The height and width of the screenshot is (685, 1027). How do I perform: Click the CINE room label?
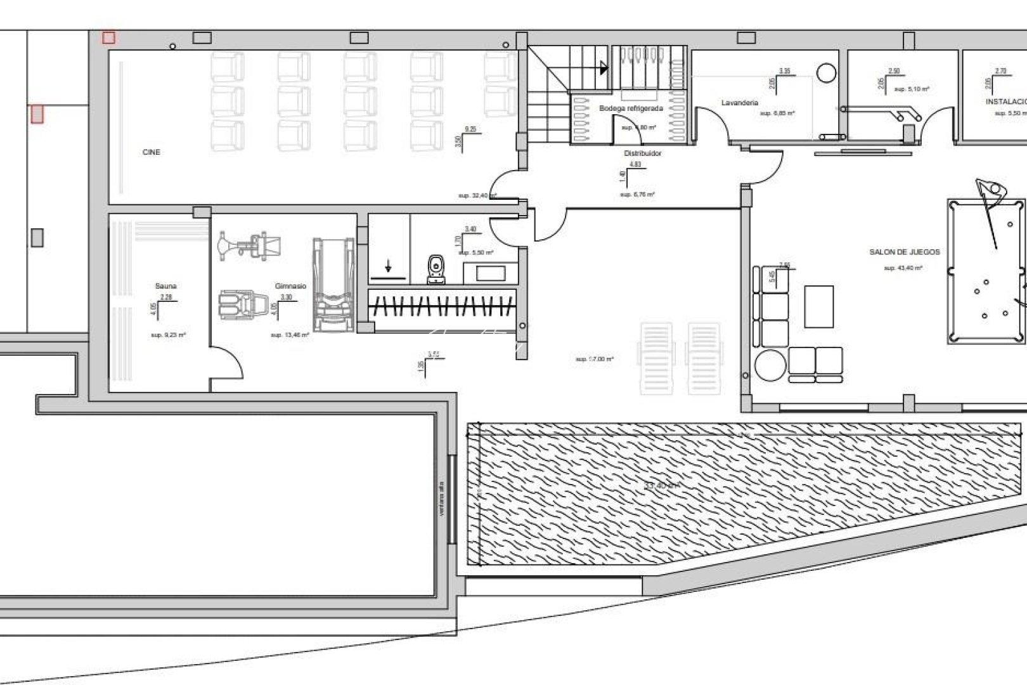[152, 152]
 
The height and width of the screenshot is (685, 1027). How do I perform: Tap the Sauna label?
[165, 286]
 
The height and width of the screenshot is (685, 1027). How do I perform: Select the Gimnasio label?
[290, 286]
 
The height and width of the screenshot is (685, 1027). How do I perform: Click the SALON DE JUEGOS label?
[905, 252]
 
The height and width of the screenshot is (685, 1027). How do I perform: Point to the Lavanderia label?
[739, 103]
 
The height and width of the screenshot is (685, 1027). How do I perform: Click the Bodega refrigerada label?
[631, 108]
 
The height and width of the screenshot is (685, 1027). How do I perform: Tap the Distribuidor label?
[642, 153]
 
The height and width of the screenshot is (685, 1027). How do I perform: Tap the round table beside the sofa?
[770, 365]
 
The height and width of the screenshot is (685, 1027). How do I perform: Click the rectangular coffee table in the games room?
[818, 306]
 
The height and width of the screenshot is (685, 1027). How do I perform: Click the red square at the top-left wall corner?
[109, 38]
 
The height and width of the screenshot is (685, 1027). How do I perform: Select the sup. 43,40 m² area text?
[903, 268]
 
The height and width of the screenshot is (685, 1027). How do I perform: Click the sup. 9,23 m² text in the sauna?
[168, 335]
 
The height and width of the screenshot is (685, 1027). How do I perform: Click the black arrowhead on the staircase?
[604, 68]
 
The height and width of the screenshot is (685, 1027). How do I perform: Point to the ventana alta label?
[442, 499]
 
